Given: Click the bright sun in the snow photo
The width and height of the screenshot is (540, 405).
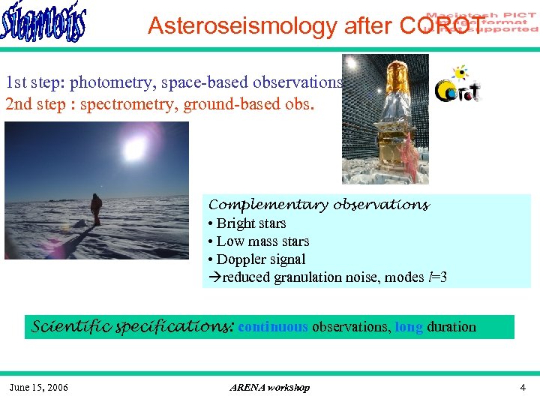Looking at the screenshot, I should click(134, 150).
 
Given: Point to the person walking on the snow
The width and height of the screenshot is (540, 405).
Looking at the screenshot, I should click(96, 209).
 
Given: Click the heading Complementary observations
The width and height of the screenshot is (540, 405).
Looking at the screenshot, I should click(319, 205).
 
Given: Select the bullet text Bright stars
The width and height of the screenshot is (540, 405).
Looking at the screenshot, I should click(251, 223).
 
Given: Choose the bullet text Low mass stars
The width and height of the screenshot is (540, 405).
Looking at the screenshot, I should click(262, 241).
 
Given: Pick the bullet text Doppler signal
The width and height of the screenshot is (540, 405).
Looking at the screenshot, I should click(261, 259).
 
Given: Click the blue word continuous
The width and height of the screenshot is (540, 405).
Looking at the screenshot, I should click(272, 327).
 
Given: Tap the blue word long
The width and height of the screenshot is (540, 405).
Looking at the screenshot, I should click(409, 327).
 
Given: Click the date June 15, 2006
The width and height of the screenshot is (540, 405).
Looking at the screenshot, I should click(38, 388).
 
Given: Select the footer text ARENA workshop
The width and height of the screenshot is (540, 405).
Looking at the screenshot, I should click(269, 388).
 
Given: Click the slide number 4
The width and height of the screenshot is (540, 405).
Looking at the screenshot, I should click(523, 388).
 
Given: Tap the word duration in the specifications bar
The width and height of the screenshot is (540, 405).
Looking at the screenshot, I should click(451, 327).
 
